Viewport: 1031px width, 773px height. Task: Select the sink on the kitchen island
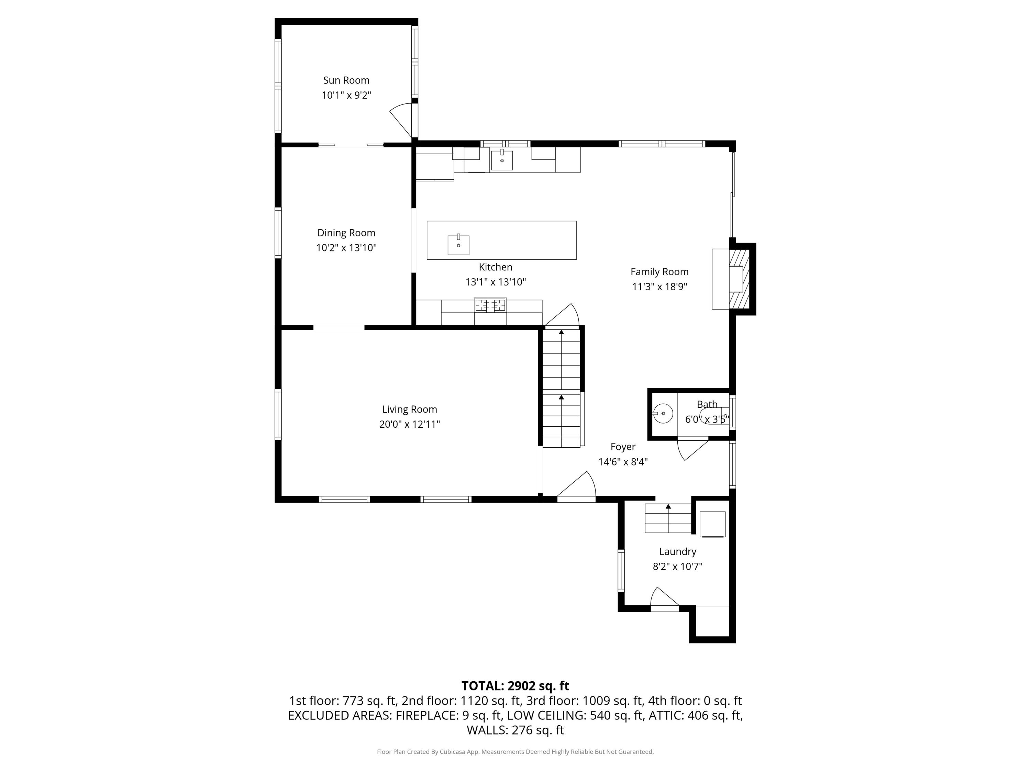(458, 245)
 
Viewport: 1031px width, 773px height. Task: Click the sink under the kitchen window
(502, 160)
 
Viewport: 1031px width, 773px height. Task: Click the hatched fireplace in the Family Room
(739, 279)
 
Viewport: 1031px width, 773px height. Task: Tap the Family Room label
(659, 272)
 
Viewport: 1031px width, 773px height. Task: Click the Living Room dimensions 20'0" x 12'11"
(409, 424)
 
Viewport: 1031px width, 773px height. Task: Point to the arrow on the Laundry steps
(668, 506)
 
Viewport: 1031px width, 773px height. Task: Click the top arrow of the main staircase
(562, 332)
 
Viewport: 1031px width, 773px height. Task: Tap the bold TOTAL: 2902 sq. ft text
(515, 686)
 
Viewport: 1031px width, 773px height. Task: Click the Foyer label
(623, 446)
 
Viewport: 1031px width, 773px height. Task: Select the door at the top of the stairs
(563, 317)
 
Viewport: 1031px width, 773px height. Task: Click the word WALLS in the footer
(487, 730)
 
